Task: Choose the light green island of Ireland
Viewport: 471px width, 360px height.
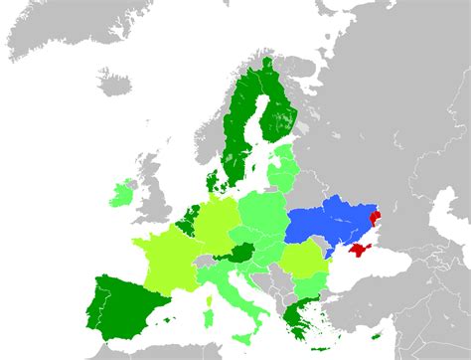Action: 121,192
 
